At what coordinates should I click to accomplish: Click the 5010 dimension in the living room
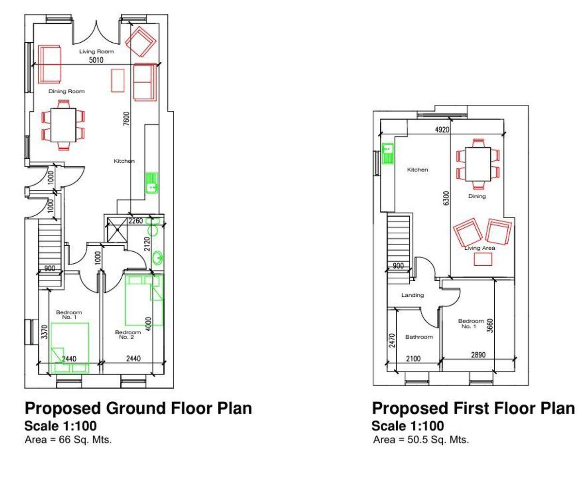pos(96,60)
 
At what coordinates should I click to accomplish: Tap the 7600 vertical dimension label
pos(126,119)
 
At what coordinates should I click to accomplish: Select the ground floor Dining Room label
pos(66,91)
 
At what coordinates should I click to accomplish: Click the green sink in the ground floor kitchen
pos(151,183)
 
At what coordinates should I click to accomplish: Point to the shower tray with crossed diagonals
pos(117,230)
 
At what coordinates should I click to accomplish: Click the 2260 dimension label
pos(136,221)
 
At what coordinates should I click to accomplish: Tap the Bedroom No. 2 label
pos(128,335)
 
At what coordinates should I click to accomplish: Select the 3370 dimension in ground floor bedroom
pos(45,332)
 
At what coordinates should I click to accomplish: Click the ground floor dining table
pos(63,125)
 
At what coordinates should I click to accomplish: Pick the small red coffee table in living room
pos(118,81)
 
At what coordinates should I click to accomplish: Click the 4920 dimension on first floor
pos(442,130)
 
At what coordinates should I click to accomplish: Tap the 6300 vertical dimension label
pos(446,198)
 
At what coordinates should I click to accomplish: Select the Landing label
pos(413,295)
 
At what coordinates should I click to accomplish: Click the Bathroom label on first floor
pos(419,337)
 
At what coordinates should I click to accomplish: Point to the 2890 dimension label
pos(478,355)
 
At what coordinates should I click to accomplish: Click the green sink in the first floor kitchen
pos(388,154)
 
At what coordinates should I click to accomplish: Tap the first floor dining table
pos(478,164)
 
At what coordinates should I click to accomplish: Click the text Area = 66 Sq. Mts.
pos(68,439)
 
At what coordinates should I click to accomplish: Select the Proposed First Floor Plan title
pos(473,408)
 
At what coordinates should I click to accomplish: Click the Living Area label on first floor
pos(480,248)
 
